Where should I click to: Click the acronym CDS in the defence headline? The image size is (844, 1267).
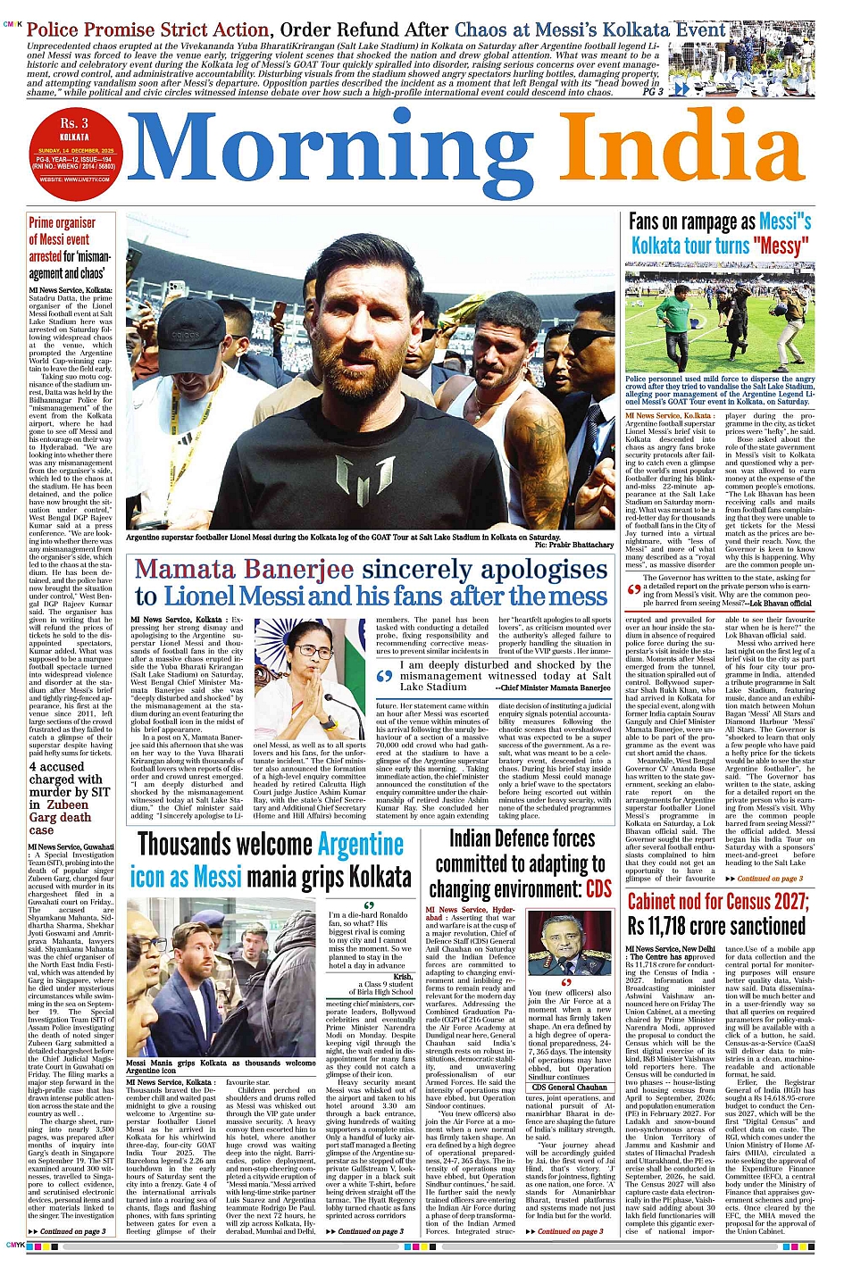(x=598, y=888)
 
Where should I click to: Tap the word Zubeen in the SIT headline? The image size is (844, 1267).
(x=68, y=804)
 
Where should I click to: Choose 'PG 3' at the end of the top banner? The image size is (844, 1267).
(x=653, y=91)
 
